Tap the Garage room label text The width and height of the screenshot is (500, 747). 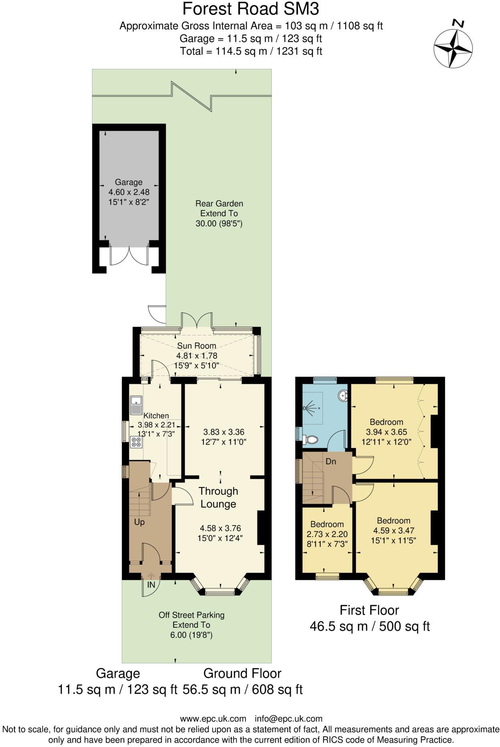(129, 182)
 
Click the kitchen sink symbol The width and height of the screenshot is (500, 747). (136, 405)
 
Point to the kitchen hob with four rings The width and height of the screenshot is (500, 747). (136, 442)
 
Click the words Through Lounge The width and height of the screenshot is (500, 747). (218, 497)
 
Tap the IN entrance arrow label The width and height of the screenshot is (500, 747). (151, 585)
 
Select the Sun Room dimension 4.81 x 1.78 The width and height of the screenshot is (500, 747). (197, 355)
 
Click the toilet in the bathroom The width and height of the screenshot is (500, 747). (310, 440)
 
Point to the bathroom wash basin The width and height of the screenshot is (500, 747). (343, 396)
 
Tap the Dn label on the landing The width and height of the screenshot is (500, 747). (331, 462)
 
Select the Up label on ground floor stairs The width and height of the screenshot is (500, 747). (139, 522)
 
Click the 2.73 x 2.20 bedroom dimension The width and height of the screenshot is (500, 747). (327, 534)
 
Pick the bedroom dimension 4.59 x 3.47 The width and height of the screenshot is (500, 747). (393, 531)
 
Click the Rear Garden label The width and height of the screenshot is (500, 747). (219, 204)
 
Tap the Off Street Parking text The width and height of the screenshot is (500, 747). (192, 615)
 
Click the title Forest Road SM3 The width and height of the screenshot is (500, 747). (251, 9)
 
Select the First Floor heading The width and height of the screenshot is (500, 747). (369, 610)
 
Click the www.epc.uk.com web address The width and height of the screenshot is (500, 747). (213, 719)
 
